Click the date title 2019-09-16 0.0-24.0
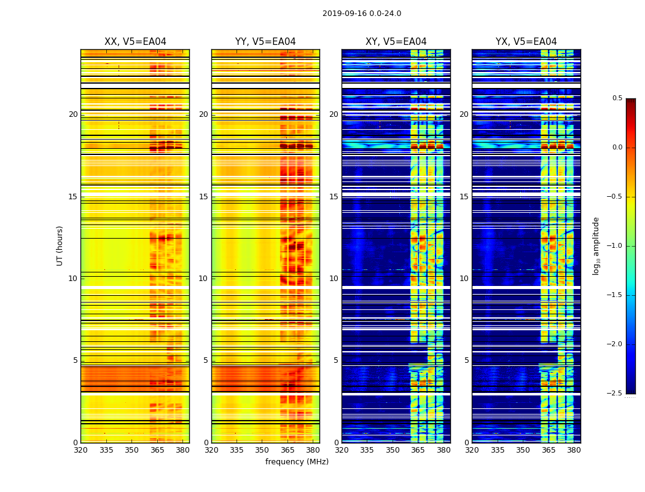[362, 14]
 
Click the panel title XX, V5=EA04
[135, 42]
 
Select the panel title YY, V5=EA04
[265, 42]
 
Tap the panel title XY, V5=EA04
[396, 42]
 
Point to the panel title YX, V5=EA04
[526, 42]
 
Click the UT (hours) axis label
[60, 245]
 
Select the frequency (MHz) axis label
[297, 462]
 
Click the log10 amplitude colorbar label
[596, 245]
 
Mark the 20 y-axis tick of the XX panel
[73, 114]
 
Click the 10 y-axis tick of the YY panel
[203, 279]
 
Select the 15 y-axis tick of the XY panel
[334, 197]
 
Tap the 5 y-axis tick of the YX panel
[466, 360]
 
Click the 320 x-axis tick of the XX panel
[80, 450]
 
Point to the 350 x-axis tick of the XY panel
[393, 450]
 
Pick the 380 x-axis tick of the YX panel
[574, 450]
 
